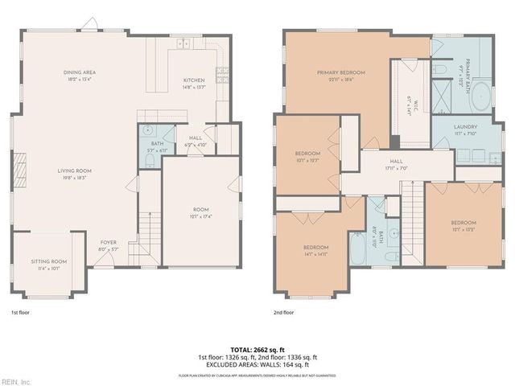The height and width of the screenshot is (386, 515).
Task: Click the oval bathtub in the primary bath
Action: click(480, 96)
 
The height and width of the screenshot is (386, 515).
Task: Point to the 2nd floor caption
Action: click(283, 312)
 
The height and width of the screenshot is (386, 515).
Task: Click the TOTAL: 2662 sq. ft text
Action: click(257, 350)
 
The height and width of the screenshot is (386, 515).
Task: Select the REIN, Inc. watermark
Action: click(15, 381)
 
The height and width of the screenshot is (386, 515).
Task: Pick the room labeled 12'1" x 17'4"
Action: click(200, 212)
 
